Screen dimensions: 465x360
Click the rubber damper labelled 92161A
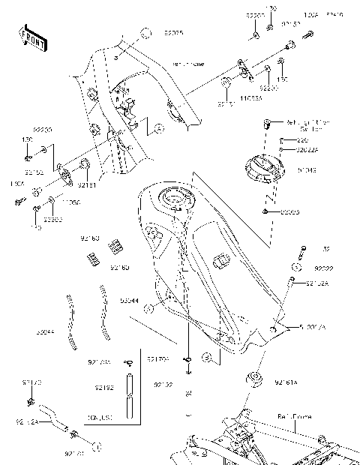[x=257, y=379]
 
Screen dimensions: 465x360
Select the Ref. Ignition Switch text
[x=308, y=124]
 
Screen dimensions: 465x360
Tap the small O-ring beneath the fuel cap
[x=266, y=213]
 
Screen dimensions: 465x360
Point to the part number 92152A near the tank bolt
[x=315, y=283]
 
